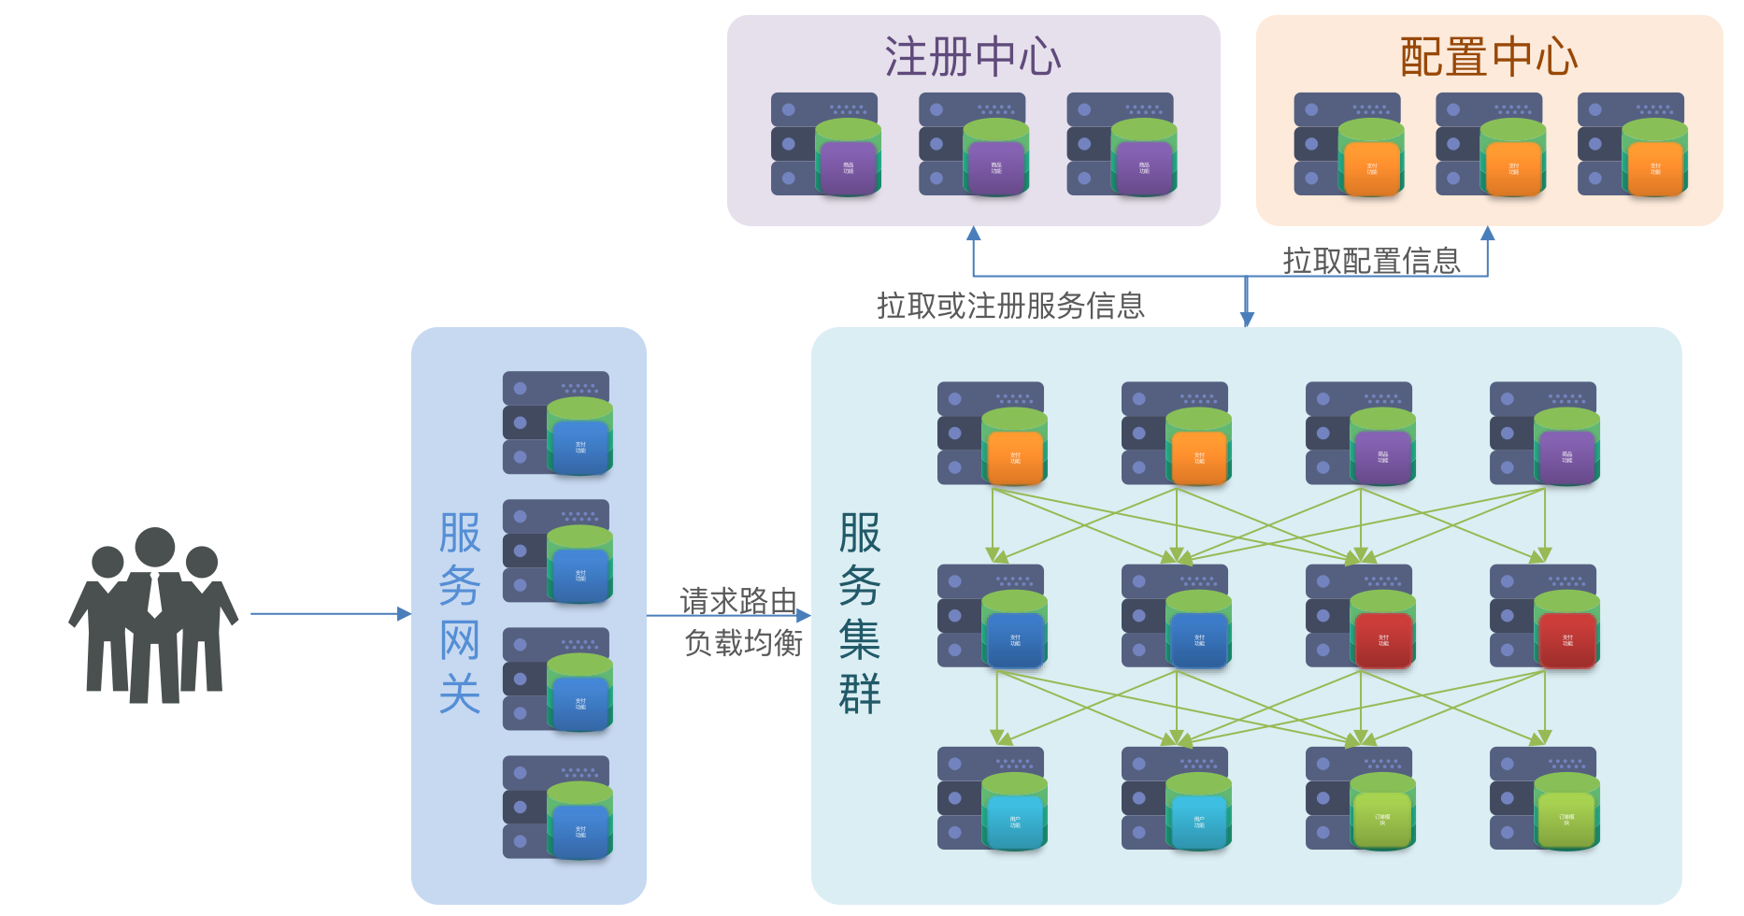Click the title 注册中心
pyautogui.click(x=973, y=57)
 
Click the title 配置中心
pyautogui.click(x=1489, y=57)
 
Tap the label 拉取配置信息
pyautogui.click(x=1371, y=261)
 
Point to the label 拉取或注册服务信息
pyautogui.click(x=1010, y=306)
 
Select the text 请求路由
pyautogui.click(x=738, y=601)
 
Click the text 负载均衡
pyautogui.click(x=744, y=643)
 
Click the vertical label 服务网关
pyautogui.click(x=460, y=613)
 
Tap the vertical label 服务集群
pyautogui.click(x=860, y=613)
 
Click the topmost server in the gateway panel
pyautogui.click(x=558, y=423)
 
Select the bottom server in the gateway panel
pyautogui.click(x=558, y=808)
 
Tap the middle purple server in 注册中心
pyautogui.click(x=974, y=144)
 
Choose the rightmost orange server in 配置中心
pyautogui.click(x=1633, y=144)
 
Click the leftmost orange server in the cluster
pyautogui.click(x=992, y=433)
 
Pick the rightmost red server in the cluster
pyautogui.click(x=1544, y=616)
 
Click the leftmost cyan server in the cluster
pyautogui.click(x=992, y=798)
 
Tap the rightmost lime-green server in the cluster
pyautogui.click(x=1544, y=798)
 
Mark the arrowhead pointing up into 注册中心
pyautogui.click(x=974, y=233)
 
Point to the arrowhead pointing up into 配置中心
pyautogui.click(x=1488, y=233)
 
